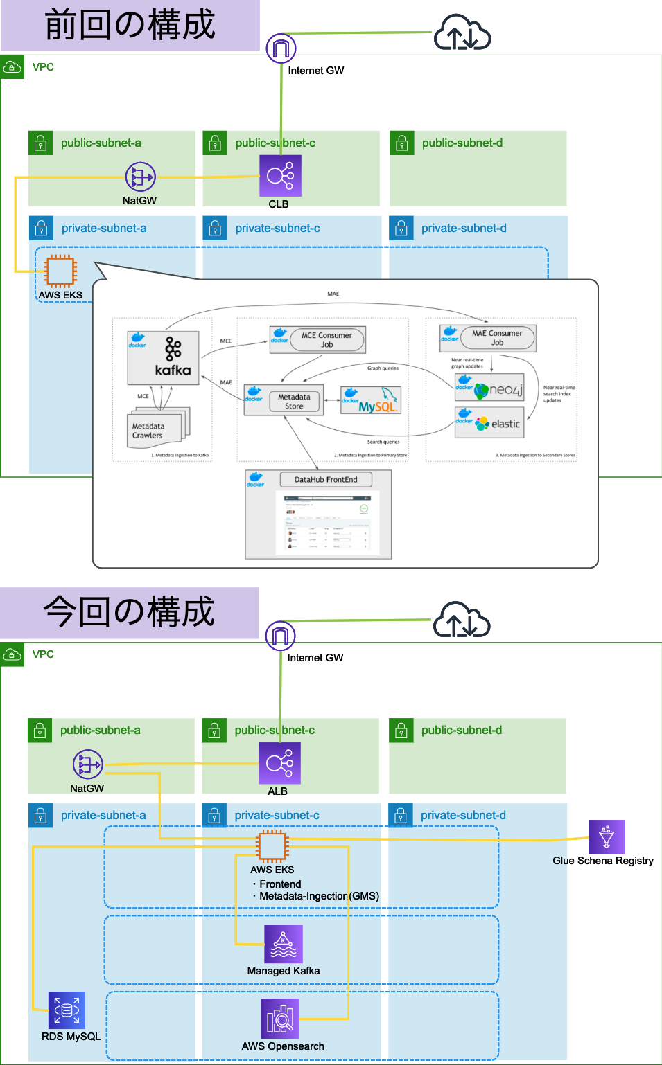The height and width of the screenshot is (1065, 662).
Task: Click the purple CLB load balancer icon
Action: [x=280, y=176]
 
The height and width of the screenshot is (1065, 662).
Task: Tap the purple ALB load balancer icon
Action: [x=279, y=764]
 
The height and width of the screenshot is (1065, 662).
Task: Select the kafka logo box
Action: [x=164, y=357]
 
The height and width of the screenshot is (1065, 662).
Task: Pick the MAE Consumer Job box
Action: [x=497, y=338]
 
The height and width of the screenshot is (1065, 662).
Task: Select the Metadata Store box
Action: [x=294, y=402]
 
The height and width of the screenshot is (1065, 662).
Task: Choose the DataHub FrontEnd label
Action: [x=326, y=479]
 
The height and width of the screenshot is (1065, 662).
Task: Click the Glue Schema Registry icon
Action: [x=606, y=837]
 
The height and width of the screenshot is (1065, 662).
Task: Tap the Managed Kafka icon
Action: [x=284, y=945]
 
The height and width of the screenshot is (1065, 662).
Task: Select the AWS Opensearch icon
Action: [x=280, y=1018]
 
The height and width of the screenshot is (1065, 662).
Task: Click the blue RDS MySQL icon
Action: [x=67, y=1010]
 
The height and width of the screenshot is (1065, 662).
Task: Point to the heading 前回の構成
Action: [x=130, y=26]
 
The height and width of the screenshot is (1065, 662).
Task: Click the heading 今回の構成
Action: [x=130, y=613]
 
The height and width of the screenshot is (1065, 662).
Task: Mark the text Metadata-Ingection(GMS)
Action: [x=319, y=896]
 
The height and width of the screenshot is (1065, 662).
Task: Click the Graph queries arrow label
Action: [x=383, y=368]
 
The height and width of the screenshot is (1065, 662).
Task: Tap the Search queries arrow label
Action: [x=383, y=442]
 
